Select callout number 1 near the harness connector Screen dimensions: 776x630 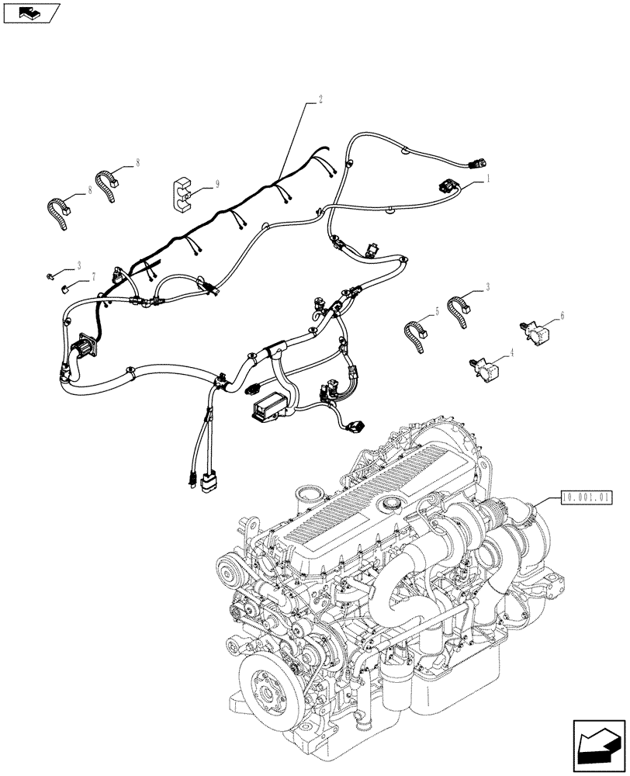coord(488,178)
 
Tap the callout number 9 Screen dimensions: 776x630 coord(217,184)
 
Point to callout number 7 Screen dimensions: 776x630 coord(93,275)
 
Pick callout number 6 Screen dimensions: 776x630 coord(562,316)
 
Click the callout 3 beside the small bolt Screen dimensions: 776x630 coord(78,265)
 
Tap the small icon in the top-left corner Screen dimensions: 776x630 coord(30,12)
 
